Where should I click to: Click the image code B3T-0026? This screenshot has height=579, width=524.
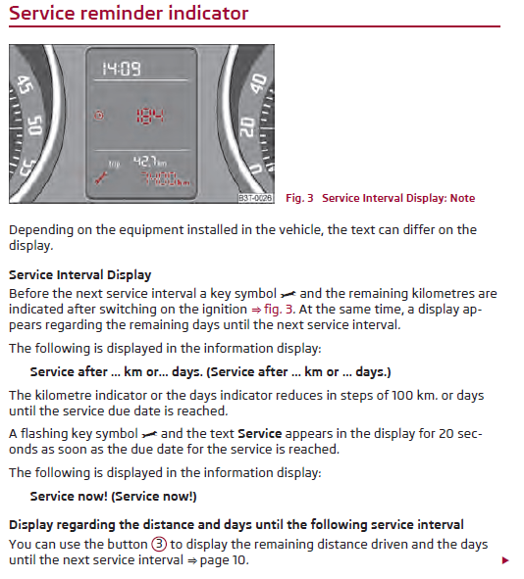pos(255,198)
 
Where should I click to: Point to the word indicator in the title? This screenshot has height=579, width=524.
pos(208,14)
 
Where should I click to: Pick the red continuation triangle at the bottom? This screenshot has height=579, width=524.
pos(505,560)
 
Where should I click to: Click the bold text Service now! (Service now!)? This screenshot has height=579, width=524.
pos(113,497)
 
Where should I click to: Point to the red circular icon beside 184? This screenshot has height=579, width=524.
pos(97,115)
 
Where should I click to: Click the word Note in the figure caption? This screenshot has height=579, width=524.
pos(462,198)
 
